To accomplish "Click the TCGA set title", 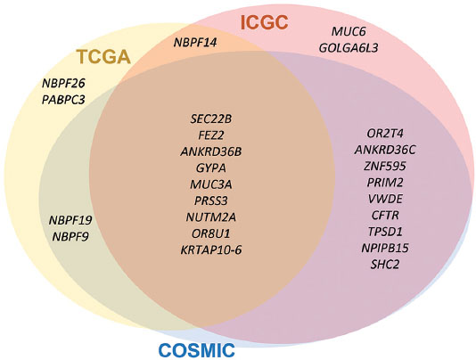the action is (x=103, y=57).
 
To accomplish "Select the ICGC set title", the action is (x=264, y=23).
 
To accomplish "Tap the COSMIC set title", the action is (x=197, y=350).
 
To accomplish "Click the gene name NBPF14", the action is (x=195, y=43).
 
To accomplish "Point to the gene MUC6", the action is (x=349, y=31).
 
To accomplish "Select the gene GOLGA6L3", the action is (x=349, y=48).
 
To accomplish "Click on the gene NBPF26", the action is (x=63, y=83).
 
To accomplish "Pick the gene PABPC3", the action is (x=63, y=100).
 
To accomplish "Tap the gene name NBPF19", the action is (x=70, y=220).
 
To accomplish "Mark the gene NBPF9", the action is (x=70, y=237).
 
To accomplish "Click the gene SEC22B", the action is (x=211, y=119).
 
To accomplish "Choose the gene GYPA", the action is (x=211, y=168).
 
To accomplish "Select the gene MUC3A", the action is (x=211, y=184).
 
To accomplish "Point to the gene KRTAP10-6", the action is (x=211, y=250).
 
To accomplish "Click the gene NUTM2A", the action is (x=211, y=217).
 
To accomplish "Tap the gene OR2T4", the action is (x=385, y=134).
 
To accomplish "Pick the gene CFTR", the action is (x=385, y=216).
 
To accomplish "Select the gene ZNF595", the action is (x=385, y=166).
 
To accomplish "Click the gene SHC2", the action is (x=385, y=265).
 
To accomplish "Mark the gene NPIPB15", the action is (x=385, y=248).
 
